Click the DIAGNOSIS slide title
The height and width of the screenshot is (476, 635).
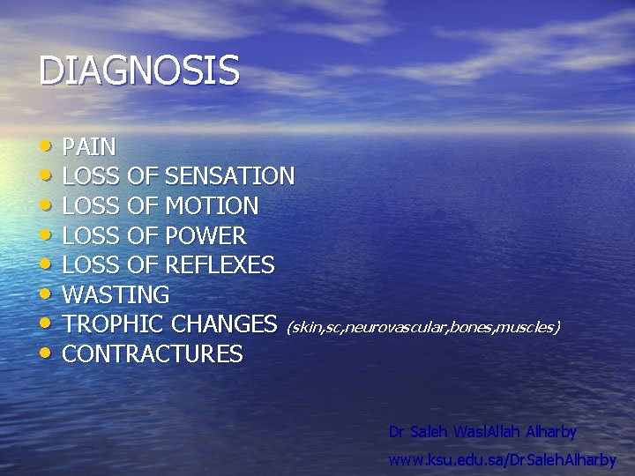[138, 71]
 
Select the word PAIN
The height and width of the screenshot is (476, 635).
[89, 146]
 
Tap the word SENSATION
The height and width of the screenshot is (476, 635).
[229, 176]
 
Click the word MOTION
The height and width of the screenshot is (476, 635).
[212, 206]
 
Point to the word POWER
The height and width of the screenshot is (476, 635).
[205, 236]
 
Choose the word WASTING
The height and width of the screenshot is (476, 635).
[116, 294]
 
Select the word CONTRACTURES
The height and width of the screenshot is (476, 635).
[153, 354]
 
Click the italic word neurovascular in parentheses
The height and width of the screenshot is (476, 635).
[396, 328]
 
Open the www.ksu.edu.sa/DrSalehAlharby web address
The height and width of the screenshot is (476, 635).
[502, 460]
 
